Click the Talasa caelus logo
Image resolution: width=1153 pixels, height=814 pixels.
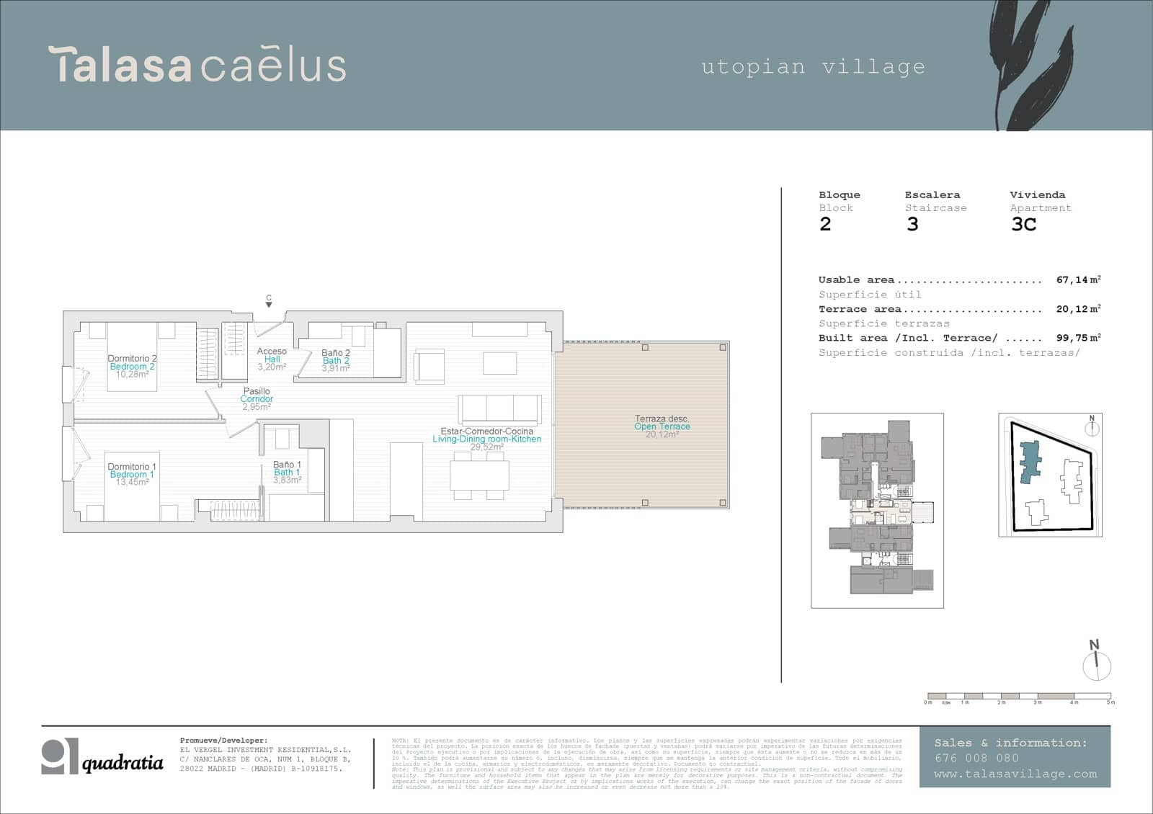point(197,65)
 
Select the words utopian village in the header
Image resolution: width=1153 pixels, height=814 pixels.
point(813,67)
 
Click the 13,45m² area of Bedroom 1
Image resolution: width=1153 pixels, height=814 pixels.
point(132,483)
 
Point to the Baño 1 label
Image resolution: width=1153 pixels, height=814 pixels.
point(287,465)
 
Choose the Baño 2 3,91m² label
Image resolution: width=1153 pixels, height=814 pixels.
point(336,361)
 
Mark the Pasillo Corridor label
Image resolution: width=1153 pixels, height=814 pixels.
point(257,398)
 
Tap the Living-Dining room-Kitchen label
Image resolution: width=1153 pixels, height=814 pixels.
point(486,439)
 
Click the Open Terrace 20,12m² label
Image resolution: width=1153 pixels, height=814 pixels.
point(662,426)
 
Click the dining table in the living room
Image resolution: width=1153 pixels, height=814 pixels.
point(479,475)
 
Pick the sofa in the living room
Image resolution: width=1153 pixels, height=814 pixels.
point(500,408)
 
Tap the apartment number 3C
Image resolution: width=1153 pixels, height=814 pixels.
point(1023,224)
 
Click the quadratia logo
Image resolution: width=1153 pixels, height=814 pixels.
point(102,758)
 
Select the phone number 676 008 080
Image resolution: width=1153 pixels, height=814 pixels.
point(976,758)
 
